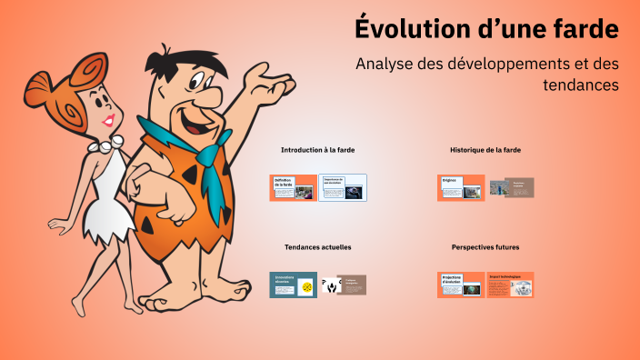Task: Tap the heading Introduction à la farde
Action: point(317,149)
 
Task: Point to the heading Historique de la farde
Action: point(485,149)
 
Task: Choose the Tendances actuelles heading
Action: point(317,246)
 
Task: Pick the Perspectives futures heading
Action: point(485,246)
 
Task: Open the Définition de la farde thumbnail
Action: point(293,187)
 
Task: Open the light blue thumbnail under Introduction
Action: point(343,187)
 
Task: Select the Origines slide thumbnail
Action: point(461,187)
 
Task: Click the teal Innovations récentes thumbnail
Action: point(293,285)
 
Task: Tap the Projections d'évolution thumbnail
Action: point(461,285)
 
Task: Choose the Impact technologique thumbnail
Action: point(510,285)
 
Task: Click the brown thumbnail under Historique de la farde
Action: point(512,187)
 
